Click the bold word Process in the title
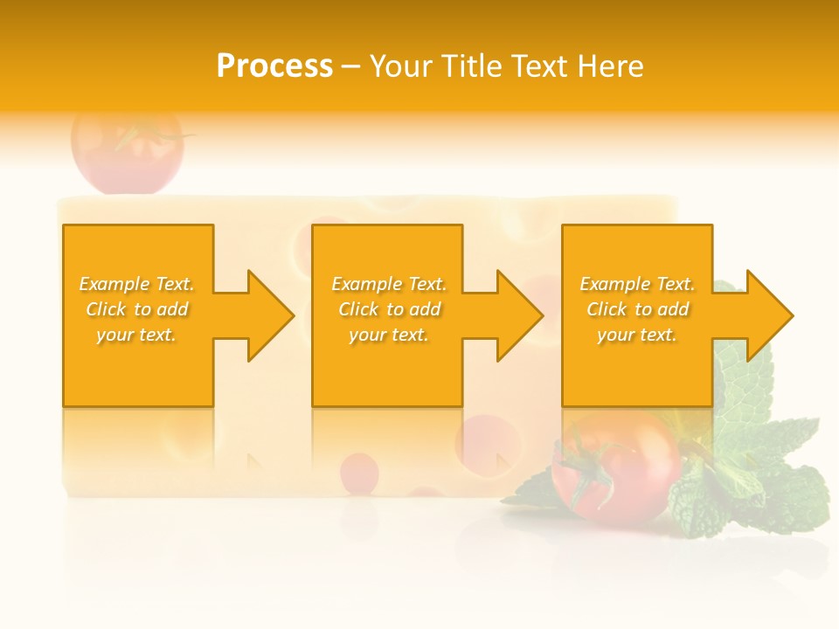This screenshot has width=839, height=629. (274, 66)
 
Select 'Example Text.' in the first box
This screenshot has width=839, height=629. (137, 284)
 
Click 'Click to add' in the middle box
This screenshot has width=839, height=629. (389, 309)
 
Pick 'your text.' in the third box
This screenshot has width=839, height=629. (637, 335)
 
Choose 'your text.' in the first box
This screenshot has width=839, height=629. (137, 335)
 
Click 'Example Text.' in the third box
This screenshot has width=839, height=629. (637, 284)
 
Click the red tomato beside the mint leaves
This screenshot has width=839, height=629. (621, 467)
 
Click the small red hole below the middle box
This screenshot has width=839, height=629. (359, 473)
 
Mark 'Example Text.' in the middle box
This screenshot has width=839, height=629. (389, 284)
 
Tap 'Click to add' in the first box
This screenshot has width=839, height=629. (137, 309)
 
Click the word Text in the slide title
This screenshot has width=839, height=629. (538, 66)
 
